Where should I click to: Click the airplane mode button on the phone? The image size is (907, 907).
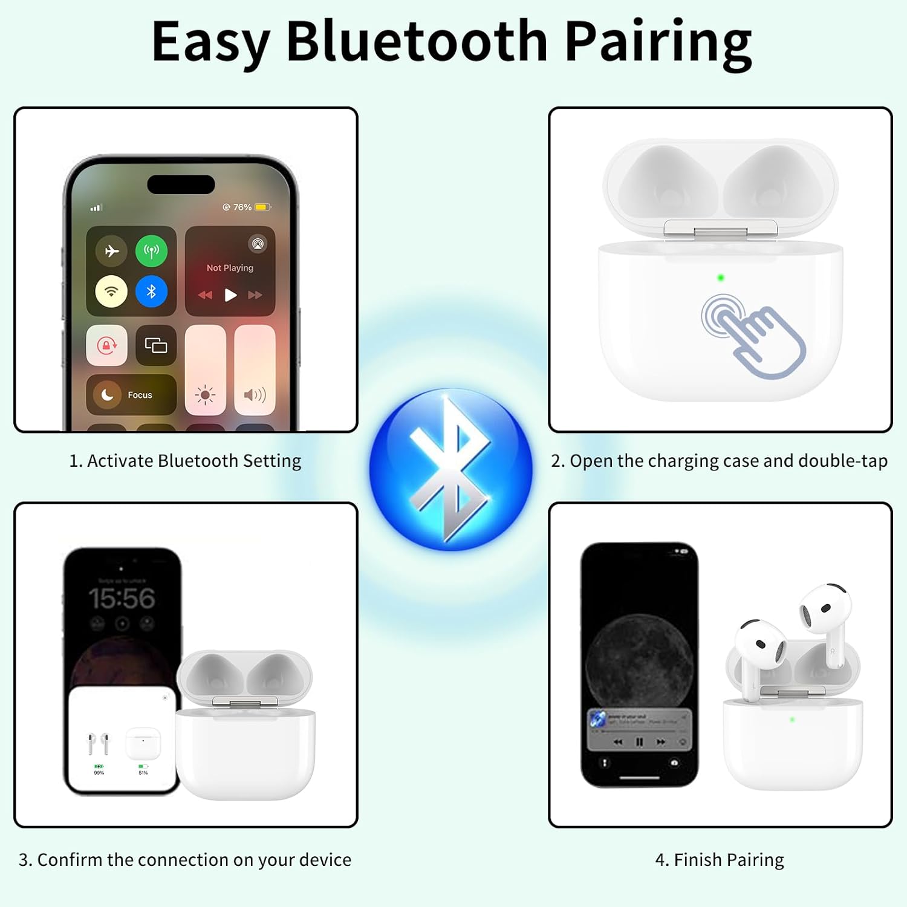112,251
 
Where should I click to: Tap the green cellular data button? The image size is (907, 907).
151,251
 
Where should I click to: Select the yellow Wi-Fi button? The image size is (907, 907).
111,291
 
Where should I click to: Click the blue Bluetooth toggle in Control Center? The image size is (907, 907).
151,291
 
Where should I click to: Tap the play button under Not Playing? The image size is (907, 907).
230,295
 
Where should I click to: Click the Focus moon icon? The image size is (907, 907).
107,395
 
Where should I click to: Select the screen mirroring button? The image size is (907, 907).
156,345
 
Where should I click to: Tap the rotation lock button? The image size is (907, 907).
107,345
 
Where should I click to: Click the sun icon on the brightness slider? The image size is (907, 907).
205,395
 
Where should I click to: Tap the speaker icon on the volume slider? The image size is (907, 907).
255,395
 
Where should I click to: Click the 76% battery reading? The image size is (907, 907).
242,207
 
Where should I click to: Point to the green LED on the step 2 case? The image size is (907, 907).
720,278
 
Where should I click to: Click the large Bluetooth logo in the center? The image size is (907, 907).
451,469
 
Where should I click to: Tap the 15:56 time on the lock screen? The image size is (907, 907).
122,599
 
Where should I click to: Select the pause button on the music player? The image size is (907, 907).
639,742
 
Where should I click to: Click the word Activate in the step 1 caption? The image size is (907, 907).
120,461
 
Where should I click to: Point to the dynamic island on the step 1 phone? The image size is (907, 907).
181,184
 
